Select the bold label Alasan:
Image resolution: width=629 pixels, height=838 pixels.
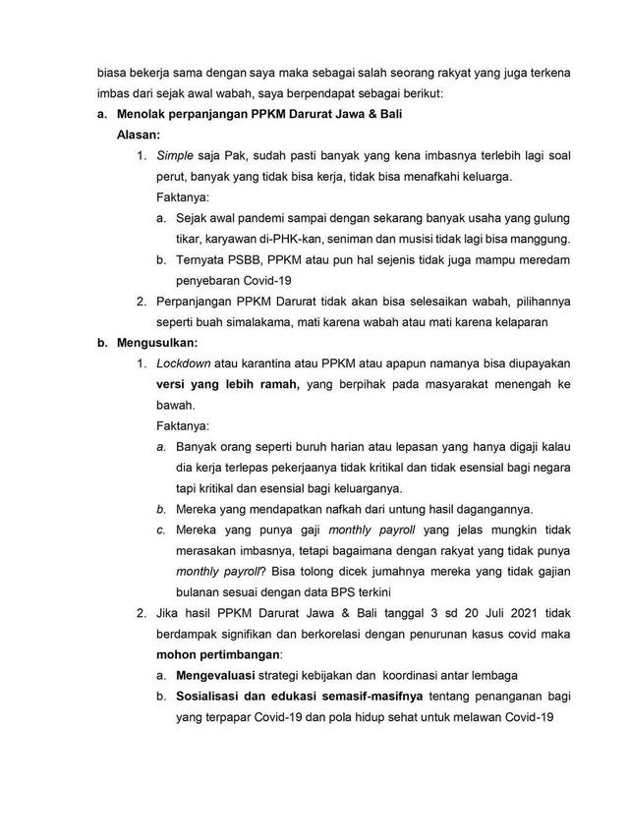click(140, 136)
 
